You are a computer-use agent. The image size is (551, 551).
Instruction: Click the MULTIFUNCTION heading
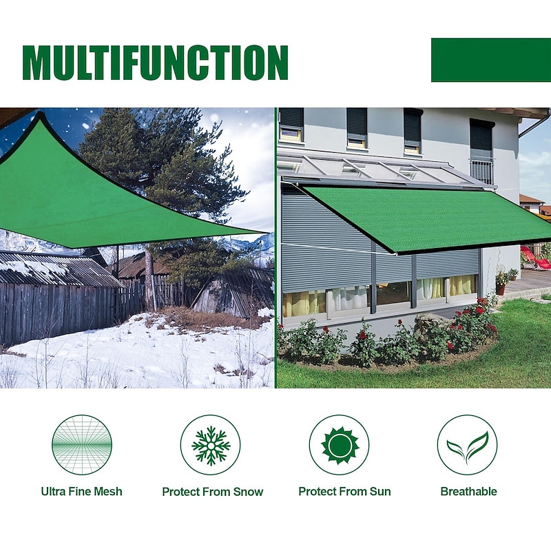tap(155, 63)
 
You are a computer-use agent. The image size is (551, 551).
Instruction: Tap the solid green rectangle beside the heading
tap(490, 60)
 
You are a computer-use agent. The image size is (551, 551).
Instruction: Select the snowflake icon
tap(211, 445)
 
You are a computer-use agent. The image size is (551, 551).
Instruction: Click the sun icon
tap(340, 445)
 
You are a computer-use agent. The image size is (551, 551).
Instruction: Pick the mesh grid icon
tap(81, 445)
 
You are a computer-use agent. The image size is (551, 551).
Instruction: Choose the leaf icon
tap(467, 445)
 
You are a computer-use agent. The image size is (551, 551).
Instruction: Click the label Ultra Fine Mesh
tap(81, 492)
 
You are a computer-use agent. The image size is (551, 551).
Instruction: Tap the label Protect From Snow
tap(212, 492)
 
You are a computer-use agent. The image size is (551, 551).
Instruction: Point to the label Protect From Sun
tap(344, 492)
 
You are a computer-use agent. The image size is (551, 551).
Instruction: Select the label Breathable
tap(468, 492)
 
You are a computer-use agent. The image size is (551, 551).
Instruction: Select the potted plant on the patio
tap(501, 281)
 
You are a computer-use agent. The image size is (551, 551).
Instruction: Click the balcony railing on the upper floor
tap(482, 170)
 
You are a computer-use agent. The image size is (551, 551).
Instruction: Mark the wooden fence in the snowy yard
tap(62, 306)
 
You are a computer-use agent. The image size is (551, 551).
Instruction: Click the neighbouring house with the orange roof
tap(532, 203)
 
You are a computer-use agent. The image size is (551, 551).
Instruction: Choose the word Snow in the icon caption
tap(249, 492)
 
